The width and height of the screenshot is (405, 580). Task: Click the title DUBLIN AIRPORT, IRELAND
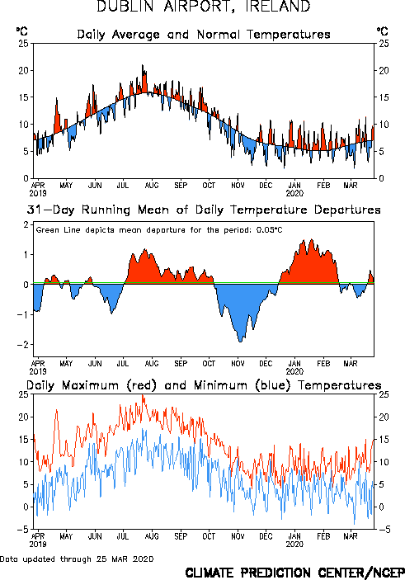[x=204, y=7]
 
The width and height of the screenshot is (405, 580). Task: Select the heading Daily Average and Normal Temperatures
[x=204, y=35]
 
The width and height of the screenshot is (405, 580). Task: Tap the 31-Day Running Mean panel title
[x=204, y=210]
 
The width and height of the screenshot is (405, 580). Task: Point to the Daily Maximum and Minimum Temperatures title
[x=204, y=385]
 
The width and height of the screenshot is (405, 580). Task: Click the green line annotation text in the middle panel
[x=159, y=230]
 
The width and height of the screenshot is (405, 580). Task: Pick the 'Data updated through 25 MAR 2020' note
[x=77, y=559]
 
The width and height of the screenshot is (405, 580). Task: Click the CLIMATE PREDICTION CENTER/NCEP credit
[x=294, y=573]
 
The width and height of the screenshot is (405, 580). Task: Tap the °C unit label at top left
[x=21, y=31]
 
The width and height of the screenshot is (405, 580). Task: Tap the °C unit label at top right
[x=383, y=31]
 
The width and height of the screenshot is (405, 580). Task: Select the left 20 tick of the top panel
[x=24, y=70]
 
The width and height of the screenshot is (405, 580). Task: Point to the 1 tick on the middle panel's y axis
[x=26, y=254]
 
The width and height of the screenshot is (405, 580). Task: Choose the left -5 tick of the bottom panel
[x=23, y=530]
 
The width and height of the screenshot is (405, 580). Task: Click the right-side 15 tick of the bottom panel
[x=384, y=440]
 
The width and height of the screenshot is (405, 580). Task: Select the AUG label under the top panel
[x=152, y=185]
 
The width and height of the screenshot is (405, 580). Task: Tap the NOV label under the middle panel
[x=238, y=363]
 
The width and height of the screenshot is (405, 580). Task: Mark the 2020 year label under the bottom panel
[x=294, y=545]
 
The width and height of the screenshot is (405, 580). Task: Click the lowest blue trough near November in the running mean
[x=240, y=342]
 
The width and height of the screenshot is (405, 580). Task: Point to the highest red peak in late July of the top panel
[x=143, y=65]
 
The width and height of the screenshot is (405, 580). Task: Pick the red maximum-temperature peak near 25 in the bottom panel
[x=144, y=395]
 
